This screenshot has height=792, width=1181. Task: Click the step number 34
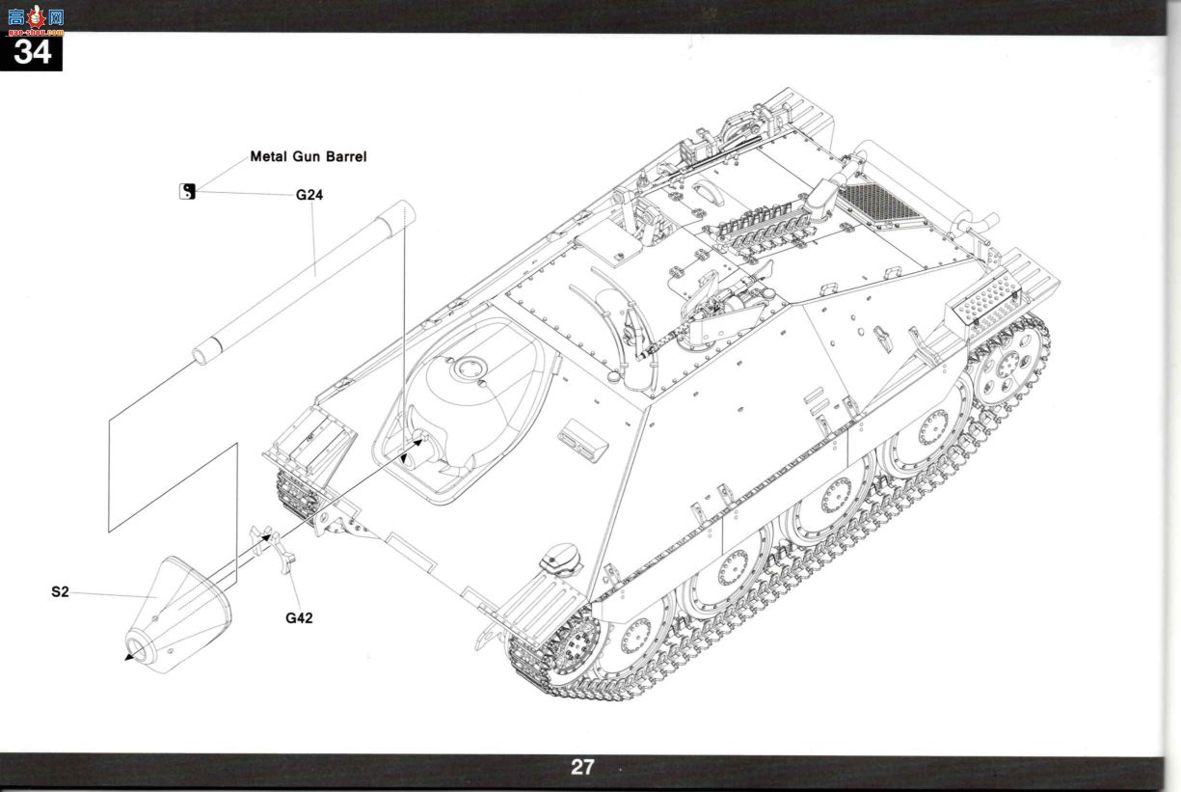[32, 52]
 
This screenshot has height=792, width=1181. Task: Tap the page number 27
[582, 767]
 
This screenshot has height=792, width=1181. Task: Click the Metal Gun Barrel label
[308, 156]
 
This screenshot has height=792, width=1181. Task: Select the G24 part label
[309, 195]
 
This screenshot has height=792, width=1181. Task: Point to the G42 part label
[299, 618]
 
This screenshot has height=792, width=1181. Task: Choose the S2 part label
[60, 592]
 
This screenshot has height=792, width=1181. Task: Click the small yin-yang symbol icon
[187, 191]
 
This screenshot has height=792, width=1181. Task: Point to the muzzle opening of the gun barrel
[201, 356]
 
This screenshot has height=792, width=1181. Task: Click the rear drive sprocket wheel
[1007, 364]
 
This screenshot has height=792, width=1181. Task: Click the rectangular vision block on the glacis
[582, 441]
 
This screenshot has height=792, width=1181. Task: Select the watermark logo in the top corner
[36, 19]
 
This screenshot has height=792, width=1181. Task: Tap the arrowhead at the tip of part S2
[127, 657]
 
